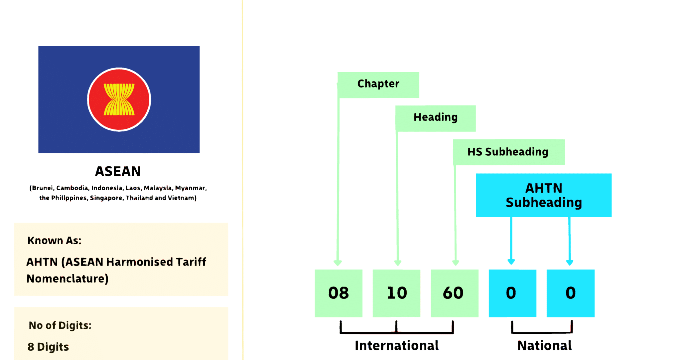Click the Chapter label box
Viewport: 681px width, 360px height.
pos(378,85)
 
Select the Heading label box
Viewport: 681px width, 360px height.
pos(435,118)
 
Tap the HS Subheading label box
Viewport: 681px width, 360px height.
pos(508,152)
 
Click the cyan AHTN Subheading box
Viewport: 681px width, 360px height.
pos(543,195)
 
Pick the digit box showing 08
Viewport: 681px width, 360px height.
pos(339,293)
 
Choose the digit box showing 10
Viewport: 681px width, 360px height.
pos(396,293)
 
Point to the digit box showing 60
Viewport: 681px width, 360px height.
pos(454,293)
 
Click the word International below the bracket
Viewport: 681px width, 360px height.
pos(396,346)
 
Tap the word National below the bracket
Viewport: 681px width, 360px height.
pos(544,346)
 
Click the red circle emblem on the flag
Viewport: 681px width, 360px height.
pos(119,99)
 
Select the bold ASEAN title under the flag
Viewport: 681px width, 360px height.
pos(118,171)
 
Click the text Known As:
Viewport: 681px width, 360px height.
pos(55,241)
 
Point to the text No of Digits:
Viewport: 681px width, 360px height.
pos(60,325)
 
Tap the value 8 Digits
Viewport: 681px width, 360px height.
pos(48,347)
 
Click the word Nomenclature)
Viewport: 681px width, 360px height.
pos(68,279)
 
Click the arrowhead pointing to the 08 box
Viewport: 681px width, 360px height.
pos(338,263)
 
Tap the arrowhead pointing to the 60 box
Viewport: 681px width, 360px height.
pos(456,263)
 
